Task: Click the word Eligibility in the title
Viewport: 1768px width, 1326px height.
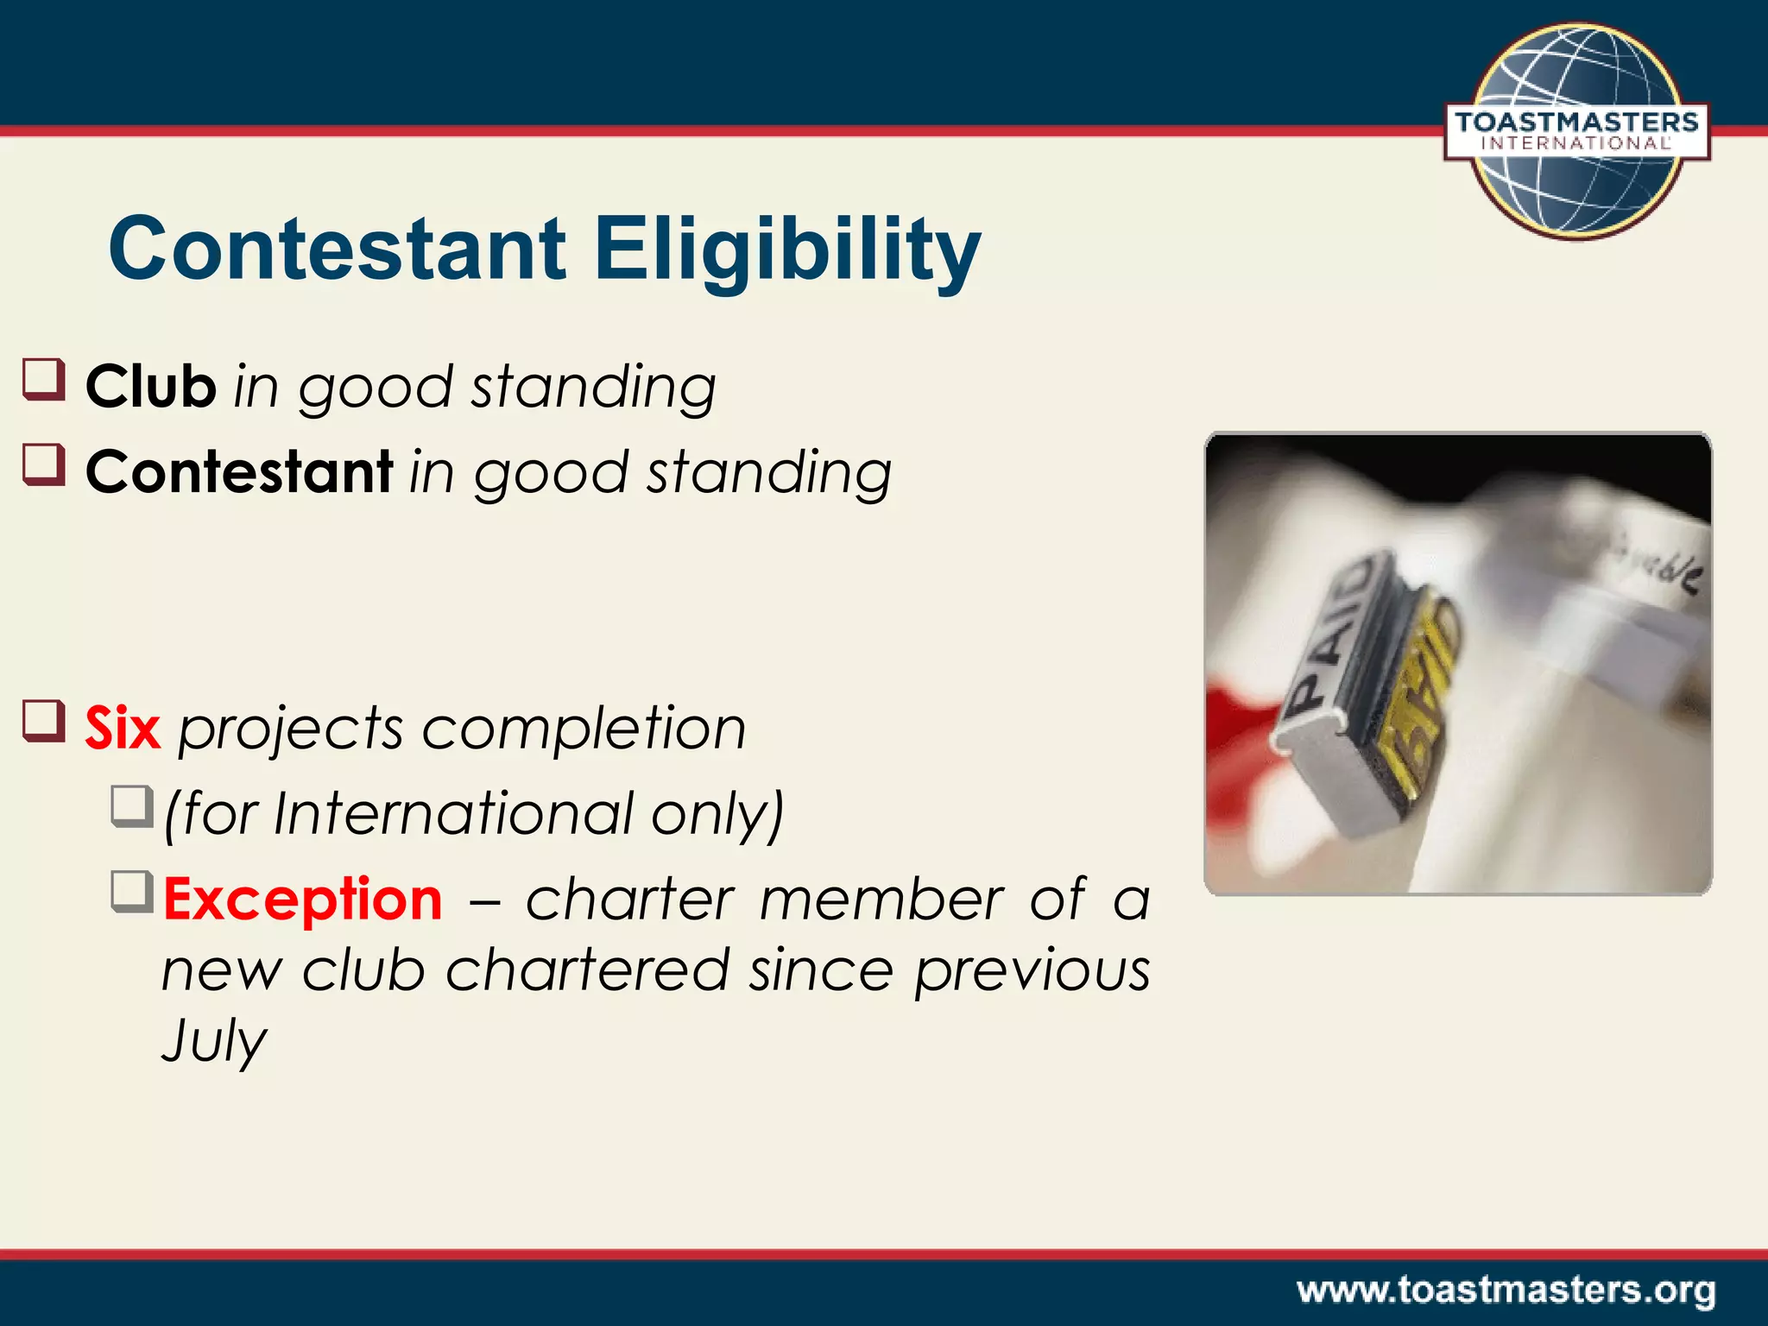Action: tap(787, 250)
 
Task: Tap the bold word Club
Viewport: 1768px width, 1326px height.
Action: tap(150, 386)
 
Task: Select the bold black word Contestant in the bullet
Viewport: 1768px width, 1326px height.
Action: tap(239, 472)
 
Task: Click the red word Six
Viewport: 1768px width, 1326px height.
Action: tap(123, 728)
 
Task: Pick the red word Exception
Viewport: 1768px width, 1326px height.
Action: tap(303, 899)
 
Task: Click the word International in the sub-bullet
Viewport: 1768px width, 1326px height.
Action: tap(454, 813)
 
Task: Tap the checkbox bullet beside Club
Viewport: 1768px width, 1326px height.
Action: tap(44, 380)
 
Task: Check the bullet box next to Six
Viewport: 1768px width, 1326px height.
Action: tap(44, 721)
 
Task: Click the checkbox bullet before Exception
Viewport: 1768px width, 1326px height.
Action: tap(132, 892)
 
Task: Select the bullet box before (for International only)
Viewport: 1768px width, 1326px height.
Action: tap(132, 805)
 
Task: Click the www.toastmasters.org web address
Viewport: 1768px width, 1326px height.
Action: tap(1506, 1290)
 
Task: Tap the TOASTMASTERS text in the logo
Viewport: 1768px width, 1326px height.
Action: tap(1576, 123)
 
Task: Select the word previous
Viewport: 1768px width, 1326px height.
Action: tap(1032, 970)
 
